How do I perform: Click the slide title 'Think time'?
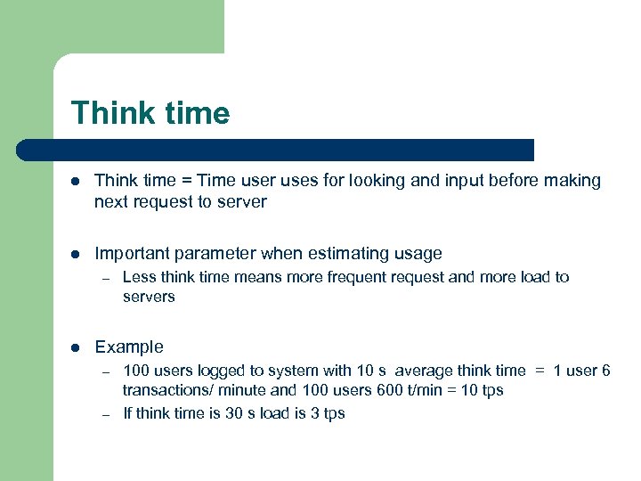(150, 113)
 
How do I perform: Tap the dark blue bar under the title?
(276, 150)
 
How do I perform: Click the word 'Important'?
(132, 254)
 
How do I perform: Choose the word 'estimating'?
(346, 254)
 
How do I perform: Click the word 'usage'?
(418, 254)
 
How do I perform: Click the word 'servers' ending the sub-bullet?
(149, 297)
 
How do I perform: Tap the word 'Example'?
(129, 346)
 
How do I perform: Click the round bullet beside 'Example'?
(77, 347)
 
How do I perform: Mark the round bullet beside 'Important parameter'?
(77, 255)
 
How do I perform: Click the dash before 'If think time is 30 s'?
(104, 413)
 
